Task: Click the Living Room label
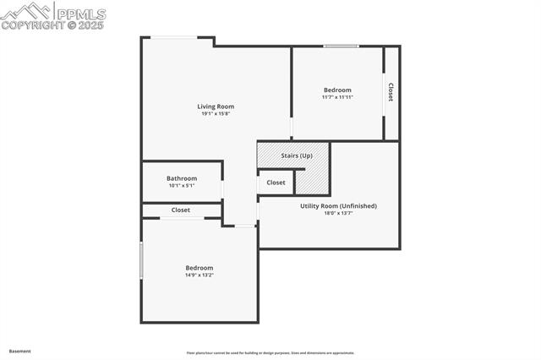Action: coord(216,106)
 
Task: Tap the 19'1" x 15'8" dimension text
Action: coord(216,114)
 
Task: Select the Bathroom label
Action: coord(182,178)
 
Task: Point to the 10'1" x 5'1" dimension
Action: coord(182,186)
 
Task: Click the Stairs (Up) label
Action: coord(297,156)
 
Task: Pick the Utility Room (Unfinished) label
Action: coord(338,206)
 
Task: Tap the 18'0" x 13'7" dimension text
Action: coord(338,213)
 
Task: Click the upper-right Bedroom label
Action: coord(337,90)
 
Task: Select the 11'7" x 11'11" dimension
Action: coord(337,97)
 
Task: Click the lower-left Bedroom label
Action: coord(199,268)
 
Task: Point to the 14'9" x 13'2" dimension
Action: coord(199,275)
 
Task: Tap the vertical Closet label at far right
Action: coord(391,92)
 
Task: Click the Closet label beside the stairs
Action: coord(276,183)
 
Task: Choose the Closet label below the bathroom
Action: coord(181,210)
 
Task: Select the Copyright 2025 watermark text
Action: coord(52,25)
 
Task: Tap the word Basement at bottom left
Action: coord(19,351)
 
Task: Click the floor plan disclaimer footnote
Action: coord(270,353)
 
